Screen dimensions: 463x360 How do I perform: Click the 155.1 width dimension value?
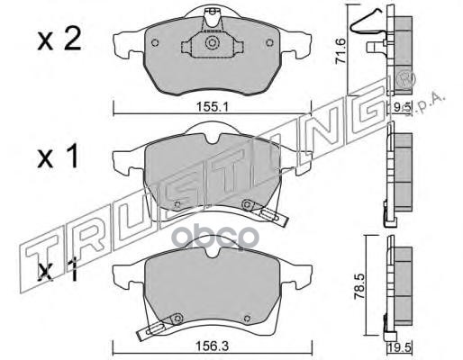(213, 107)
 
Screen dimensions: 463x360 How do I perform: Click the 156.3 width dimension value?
(213, 346)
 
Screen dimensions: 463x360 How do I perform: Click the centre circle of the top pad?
(212, 42)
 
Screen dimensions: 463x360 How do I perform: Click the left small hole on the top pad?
(155, 43)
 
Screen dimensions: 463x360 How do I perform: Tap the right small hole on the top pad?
(270, 43)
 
